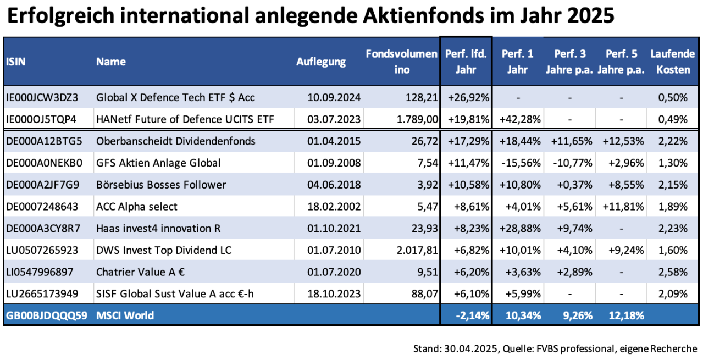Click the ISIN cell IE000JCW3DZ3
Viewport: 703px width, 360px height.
pos(42,97)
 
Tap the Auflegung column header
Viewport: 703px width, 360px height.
pos(321,62)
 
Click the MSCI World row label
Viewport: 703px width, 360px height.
pos(125,315)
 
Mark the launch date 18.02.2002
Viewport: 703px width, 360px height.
pos(334,207)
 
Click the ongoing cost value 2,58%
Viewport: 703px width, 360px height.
pos(672,272)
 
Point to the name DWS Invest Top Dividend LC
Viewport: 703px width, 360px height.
pos(164,251)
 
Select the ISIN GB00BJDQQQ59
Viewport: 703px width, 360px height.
pos(46,315)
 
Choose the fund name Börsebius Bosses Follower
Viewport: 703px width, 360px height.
pos(161,185)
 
